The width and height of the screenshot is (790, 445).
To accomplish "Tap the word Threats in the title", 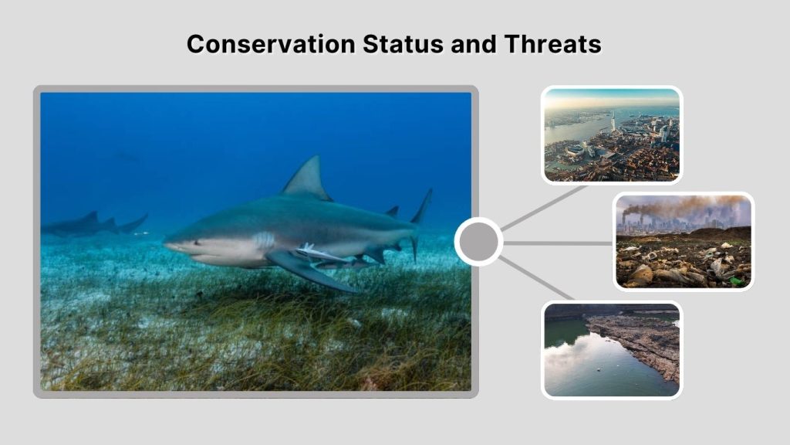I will click(x=552, y=44).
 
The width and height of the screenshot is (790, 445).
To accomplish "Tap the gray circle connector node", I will click(x=478, y=242).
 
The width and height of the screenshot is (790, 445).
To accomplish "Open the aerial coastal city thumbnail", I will click(x=611, y=135).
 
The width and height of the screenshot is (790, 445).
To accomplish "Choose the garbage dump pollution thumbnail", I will click(x=684, y=241).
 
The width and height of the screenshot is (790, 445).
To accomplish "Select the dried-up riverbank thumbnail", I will click(x=611, y=350).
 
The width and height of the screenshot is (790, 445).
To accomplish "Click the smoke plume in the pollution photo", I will click(x=679, y=206).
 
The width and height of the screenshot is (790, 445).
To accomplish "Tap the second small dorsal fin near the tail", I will click(x=393, y=211).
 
